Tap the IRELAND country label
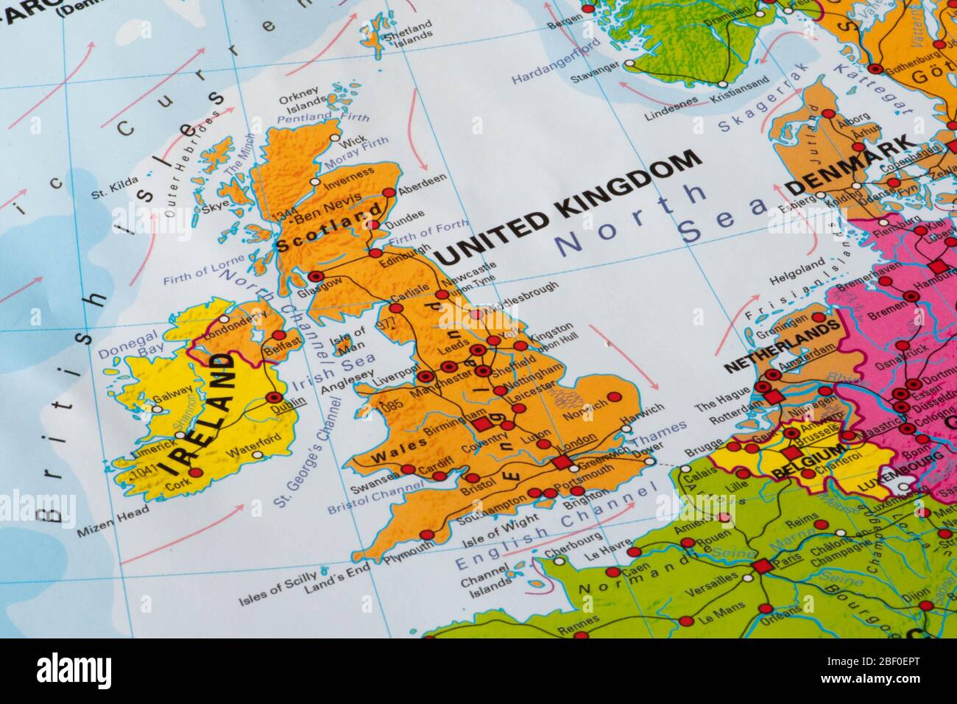click(201, 414)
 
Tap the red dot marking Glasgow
click(317, 276)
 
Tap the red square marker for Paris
click(760, 566)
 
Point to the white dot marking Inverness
click(316, 181)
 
